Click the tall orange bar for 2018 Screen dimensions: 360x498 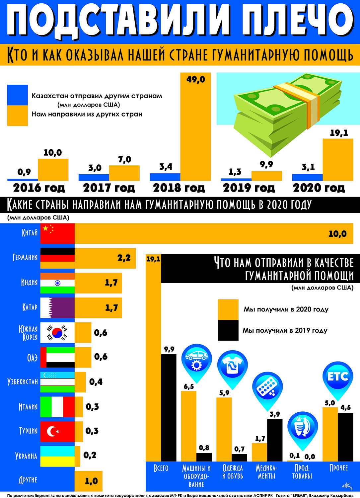click(195, 126)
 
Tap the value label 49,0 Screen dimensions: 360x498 click(195, 79)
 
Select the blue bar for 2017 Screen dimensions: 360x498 click(94, 177)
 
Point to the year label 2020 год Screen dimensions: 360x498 click(319, 188)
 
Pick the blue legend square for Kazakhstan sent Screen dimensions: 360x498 click(18, 95)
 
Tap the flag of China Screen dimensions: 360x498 click(57, 233)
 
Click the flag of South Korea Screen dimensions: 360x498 click(57, 333)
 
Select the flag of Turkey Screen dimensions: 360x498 click(57, 432)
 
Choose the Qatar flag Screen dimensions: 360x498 click(57, 308)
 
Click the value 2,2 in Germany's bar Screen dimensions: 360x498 click(124, 258)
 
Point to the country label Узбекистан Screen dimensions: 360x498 click(23, 382)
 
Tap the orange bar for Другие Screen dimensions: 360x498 click(89, 481)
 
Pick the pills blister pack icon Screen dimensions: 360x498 click(267, 389)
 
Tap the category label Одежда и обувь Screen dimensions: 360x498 click(233, 472)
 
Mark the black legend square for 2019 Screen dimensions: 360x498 click(228, 330)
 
